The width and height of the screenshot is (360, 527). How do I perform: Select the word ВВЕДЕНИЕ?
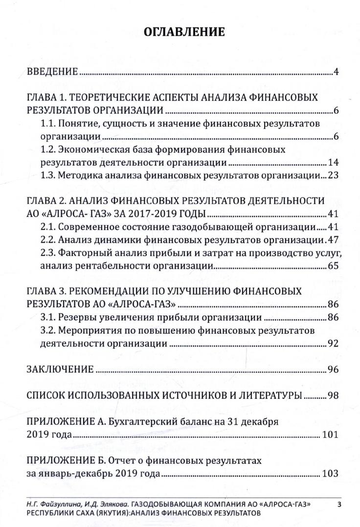tap(52, 72)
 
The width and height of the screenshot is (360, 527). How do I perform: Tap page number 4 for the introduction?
tap(337, 72)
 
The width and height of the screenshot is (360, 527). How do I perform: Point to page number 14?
tap(333, 162)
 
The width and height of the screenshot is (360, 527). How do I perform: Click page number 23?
tap(333, 175)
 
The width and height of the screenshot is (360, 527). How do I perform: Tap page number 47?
tap(333, 240)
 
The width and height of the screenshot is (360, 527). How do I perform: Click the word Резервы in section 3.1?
tap(78, 318)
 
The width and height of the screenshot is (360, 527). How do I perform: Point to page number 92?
tap(333, 343)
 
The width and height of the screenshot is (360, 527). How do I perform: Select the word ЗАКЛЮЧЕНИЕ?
tap(60, 368)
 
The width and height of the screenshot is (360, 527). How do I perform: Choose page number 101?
tap(331, 435)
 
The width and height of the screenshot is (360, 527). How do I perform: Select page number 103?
tap(331, 474)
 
